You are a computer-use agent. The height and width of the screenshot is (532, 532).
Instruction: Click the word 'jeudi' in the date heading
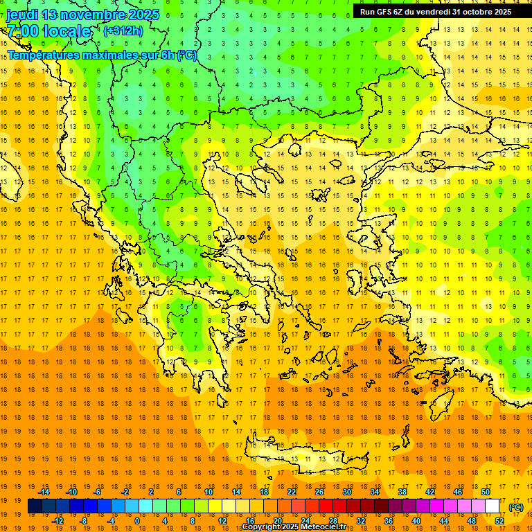pyautogui.click(x=23, y=15)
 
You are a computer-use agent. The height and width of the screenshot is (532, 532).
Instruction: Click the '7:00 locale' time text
pyautogui.click(x=48, y=31)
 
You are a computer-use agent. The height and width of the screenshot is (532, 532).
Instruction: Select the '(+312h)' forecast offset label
pyautogui.click(x=123, y=30)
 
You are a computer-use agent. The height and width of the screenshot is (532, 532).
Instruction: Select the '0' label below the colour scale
pyautogui.click(x=136, y=522)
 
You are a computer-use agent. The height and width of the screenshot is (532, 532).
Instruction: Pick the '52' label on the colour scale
pyautogui.click(x=499, y=522)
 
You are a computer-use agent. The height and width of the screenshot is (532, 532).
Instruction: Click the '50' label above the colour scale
pyautogui.click(x=486, y=492)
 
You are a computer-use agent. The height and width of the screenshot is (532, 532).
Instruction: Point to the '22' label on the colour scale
pyautogui.click(x=292, y=492)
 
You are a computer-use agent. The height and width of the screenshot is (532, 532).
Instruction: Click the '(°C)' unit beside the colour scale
pyautogui.click(x=516, y=507)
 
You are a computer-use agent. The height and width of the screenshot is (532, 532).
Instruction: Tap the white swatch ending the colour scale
pyautogui.click(x=492, y=506)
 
